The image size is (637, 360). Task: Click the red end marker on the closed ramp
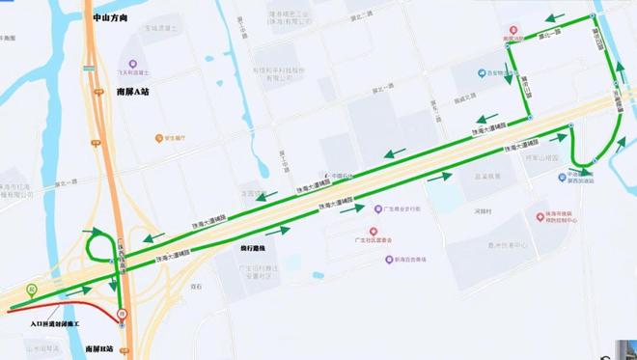click(121, 315)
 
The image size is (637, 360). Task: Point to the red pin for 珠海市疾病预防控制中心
click(540, 218)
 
